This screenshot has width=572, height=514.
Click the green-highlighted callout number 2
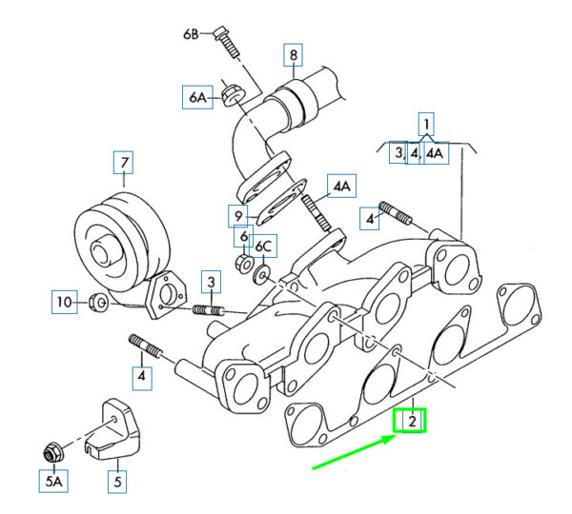410,421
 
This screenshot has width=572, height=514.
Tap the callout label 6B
192,34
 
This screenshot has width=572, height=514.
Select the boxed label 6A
197,97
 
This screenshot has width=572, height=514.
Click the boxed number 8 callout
294,55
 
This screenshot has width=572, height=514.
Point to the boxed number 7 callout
123,162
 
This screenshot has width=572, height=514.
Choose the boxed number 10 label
65,302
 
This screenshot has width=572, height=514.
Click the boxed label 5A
53,482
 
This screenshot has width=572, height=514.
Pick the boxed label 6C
264,247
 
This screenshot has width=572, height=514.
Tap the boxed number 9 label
237,216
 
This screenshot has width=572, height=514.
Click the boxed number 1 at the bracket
426,125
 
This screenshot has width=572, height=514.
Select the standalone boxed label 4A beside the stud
342,187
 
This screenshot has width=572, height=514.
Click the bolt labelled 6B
227,41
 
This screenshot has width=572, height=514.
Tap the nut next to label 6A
233,95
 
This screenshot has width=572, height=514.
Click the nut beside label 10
98,303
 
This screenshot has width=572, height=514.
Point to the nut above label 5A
53,452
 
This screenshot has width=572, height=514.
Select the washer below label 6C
261,275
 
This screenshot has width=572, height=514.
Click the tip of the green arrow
397,436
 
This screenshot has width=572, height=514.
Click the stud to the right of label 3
208,310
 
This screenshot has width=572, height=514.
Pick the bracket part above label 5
112,428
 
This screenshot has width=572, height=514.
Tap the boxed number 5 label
117,482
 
